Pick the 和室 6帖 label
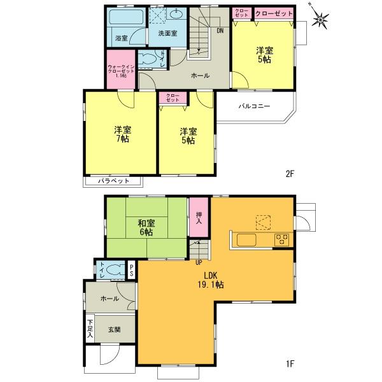[146, 228]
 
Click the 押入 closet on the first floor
[199, 218]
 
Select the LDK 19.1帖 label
[212, 280]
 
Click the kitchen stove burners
[281, 239]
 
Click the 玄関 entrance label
[114, 329]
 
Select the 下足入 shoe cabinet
[90, 327]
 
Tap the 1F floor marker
[290, 364]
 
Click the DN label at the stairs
[220, 31]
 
